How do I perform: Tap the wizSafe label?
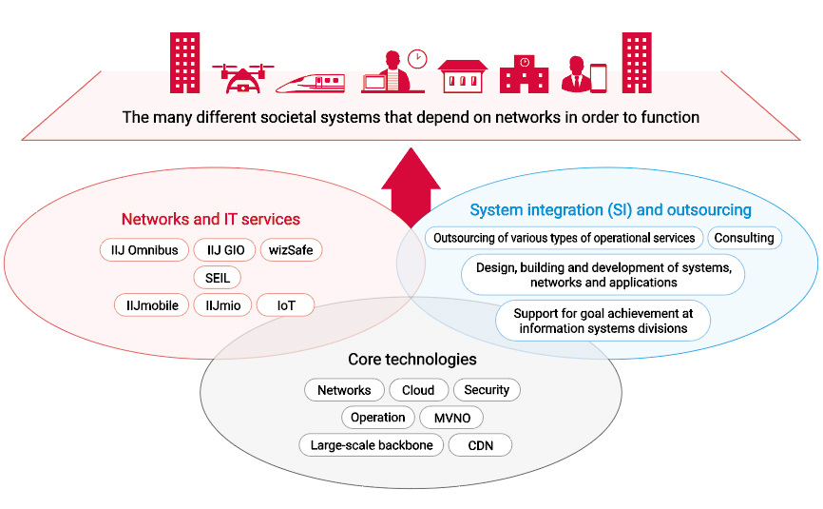[x=291, y=250]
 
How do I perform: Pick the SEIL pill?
[x=217, y=278]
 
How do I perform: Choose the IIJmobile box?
[x=152, y=305]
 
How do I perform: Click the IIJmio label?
[x=221, y=305]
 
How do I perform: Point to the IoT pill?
[x=286, y=305]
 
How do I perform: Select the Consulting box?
[x=744, y=238]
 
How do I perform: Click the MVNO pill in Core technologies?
[x=451, y=418]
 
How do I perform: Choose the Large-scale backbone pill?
[x=372, y=445]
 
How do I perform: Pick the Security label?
[x=487, y=390]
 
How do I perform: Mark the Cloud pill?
[x=418, y=390]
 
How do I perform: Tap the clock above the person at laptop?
[x=417, y=59]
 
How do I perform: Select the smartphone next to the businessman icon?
[x=599, y=78]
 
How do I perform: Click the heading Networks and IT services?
[x=210, y=219]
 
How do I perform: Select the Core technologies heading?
[x=412, y=360]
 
